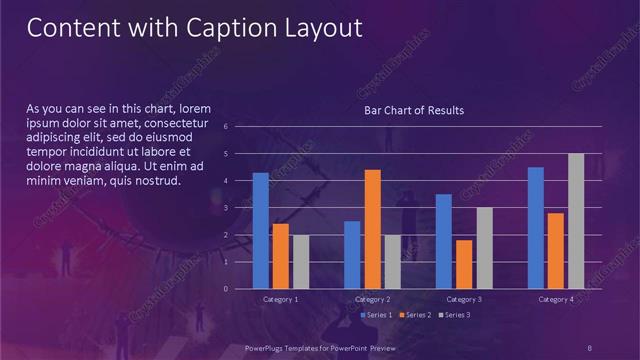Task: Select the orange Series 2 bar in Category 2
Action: [x=372, y=229]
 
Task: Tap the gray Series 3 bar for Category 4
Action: [x=575, y=221]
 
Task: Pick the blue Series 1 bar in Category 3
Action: [x=443, y=241]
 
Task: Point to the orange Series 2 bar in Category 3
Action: [x=463, y=264]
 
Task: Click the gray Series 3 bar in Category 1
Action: [x=300, y=262]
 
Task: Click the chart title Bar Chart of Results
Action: [x=413, y=110]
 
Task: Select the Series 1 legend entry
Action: [x=376, y=315]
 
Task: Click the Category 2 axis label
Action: [x=372, y=299]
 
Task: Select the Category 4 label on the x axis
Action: [x=555, y=299]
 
